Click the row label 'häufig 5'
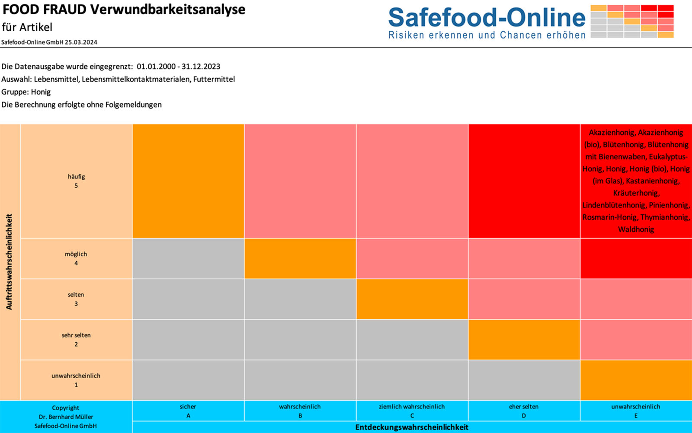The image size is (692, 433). click(x=76, y=181)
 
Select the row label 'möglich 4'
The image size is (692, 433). click(x=76, y=258)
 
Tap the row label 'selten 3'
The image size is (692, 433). click(x=76, y=299)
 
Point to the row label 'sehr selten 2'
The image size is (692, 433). click(x=76, y=340)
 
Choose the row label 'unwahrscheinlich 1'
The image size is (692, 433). click(x=76, y=380)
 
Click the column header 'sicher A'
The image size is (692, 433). click(x=188, y=411)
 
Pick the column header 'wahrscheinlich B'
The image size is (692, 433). click(x=300, y=411)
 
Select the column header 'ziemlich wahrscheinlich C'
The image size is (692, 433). click(x=412, y=411)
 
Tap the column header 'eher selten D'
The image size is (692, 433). click(x=524, y=411)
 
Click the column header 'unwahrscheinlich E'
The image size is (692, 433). click(x=636, y=411)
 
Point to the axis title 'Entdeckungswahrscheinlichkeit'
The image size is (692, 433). click(x=412, y=427)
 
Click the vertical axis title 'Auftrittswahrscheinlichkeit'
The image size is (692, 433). click(x=9, y=262)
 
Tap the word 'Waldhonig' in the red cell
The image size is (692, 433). click(x=636, y=229)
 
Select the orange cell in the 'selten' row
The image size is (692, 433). click(x=412, y=299)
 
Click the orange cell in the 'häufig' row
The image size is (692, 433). click(x=188, y=181)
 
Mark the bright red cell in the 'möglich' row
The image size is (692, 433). click(x=636, y=258)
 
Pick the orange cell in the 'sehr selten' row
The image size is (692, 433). click(x=524, y=340)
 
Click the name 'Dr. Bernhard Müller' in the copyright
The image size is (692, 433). click(x=66, y=417)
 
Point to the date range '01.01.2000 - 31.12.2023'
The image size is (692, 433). click(x=179, y=67)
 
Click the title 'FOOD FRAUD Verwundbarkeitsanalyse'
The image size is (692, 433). click(x=124, y=10)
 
